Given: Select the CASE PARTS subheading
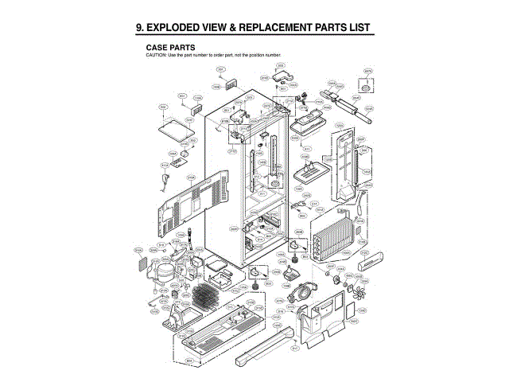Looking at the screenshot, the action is tap(170, 47).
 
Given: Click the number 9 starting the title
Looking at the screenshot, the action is tap(140, 28).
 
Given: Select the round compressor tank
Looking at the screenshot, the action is tap(164, 273).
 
